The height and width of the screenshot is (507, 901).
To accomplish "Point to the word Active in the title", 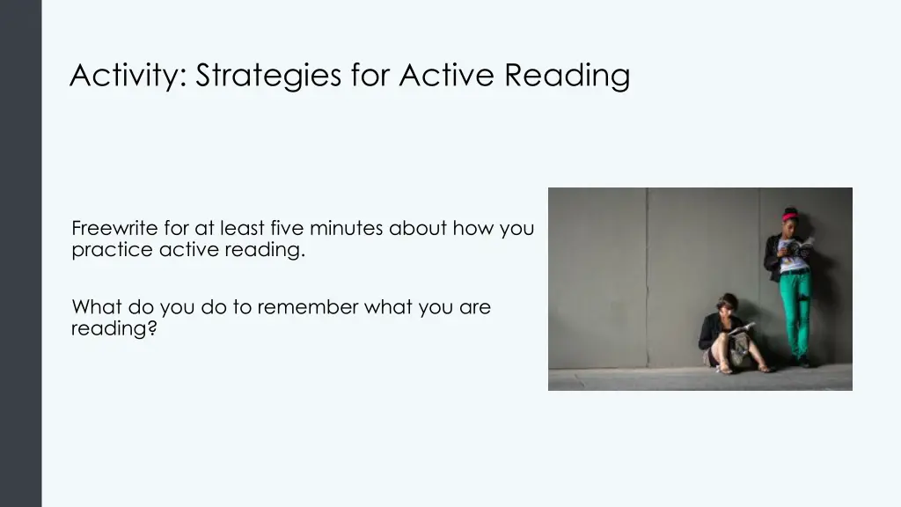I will click(448, 76).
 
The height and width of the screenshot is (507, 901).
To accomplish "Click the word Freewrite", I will click(114, 229).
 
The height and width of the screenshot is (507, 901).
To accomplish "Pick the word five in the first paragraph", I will click(284, 229).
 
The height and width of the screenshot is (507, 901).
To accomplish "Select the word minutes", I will click(347, 229).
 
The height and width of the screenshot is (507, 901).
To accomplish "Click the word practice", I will click(112, 250).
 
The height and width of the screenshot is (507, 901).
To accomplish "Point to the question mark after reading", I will click(152, 330).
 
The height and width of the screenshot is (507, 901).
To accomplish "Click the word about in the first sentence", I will click(418, 229).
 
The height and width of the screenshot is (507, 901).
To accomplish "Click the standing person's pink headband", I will click(789, 214).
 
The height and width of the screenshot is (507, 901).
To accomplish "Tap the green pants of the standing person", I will click(796, 308).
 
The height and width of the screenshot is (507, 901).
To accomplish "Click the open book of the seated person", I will click(741, 329).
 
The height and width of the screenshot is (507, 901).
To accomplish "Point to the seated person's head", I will click(726, 305).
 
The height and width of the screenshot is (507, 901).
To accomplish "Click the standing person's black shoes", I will click(802, 361).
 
